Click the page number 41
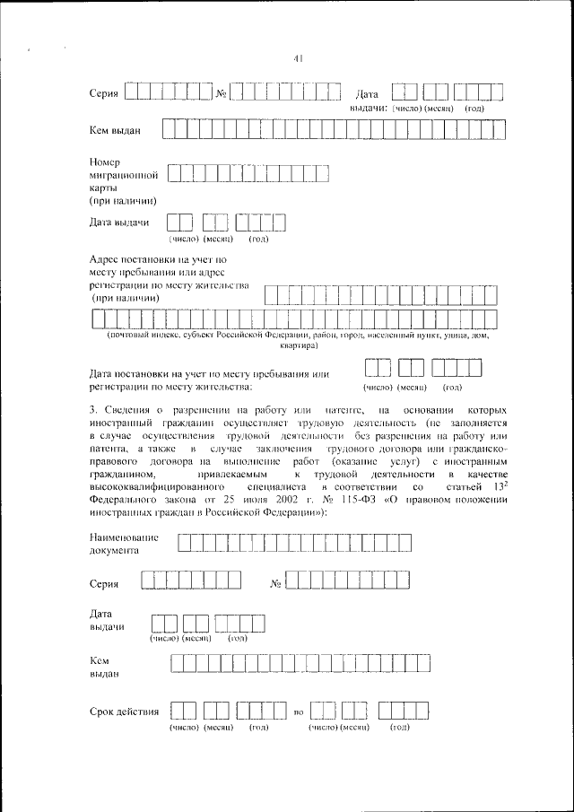pos(300,59)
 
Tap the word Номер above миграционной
pos(106,161)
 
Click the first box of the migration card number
pos(174,174)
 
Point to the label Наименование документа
pos(125,544)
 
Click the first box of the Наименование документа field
pos(183,542)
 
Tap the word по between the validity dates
pos(300,713)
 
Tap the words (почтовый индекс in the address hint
pos(142,335)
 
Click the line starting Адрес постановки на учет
pos(158,258)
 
